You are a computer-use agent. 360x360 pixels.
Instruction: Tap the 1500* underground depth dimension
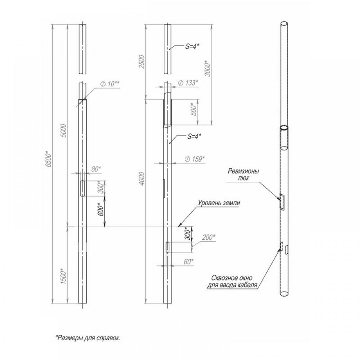tap(63, 276)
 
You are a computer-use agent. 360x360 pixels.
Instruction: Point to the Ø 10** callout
tap(109, 84)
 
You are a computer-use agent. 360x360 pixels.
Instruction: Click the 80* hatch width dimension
tap(96, 169)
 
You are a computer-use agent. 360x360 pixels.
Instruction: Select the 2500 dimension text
tap(142, 62)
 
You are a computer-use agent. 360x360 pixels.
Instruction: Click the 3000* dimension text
tap(207, 68)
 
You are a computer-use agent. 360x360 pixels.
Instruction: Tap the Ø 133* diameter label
tap(188, 83)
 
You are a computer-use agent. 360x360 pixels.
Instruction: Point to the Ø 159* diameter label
tap(194, 159)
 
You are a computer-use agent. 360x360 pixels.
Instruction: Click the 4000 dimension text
tap(142, 179)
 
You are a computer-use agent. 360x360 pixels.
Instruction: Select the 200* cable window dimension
tap(208, 237)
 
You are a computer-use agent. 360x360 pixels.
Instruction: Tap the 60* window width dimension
tap(189, 261)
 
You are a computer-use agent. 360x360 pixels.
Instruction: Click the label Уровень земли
tap(219, 203)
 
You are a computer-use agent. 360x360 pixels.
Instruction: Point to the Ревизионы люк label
tap(243, 175)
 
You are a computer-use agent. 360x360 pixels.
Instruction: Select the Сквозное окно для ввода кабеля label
tap(232, 282)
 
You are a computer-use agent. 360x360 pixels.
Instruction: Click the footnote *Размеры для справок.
tap(88, 338)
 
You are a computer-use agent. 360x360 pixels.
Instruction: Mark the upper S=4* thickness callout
tap(192, 46)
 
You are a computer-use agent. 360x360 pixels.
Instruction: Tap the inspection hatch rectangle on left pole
tap(82, 188)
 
